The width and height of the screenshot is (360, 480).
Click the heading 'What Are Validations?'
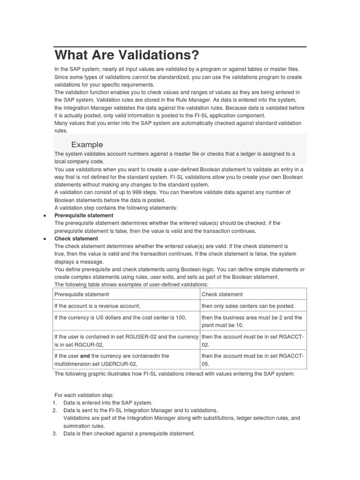(x=127, y=55)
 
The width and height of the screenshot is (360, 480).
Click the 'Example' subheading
(x=87, y=144)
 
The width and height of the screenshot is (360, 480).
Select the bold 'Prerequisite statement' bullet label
(x=83, y=216)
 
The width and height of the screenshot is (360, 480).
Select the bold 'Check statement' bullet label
(x=76, y=239)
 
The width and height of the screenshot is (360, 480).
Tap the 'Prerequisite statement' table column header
(x=82, y=294)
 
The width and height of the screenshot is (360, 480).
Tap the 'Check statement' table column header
(x=222, y=294)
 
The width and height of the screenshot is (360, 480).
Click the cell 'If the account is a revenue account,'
(x=97, y=306)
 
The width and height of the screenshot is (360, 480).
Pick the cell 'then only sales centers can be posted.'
(x=248, y=306)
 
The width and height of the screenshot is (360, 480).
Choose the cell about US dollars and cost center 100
(x=120, y=318)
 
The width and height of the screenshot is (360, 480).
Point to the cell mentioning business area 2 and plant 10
(x=252, y=321)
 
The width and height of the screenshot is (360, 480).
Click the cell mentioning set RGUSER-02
(x=126, y=341)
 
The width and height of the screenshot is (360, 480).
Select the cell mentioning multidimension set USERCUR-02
(x=112, y=360)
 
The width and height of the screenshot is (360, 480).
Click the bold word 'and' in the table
(x=85, y=356)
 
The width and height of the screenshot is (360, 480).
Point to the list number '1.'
(x=54, y=403)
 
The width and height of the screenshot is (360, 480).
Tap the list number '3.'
(x=54, y=434)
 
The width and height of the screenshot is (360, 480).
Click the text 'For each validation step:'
(x=84, y=395)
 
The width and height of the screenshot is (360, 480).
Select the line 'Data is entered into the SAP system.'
(x=108, y=403)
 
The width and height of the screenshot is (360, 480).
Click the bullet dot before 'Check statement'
(x=44, y=239)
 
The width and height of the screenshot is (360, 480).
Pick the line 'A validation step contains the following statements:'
(x=116, y=208)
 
